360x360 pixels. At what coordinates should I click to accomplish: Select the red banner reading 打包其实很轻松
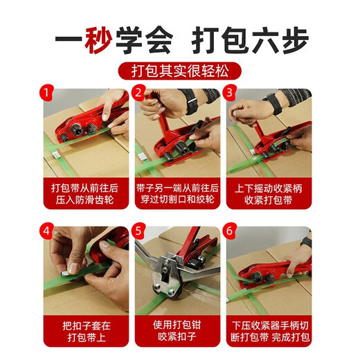(x=179, y=71)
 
